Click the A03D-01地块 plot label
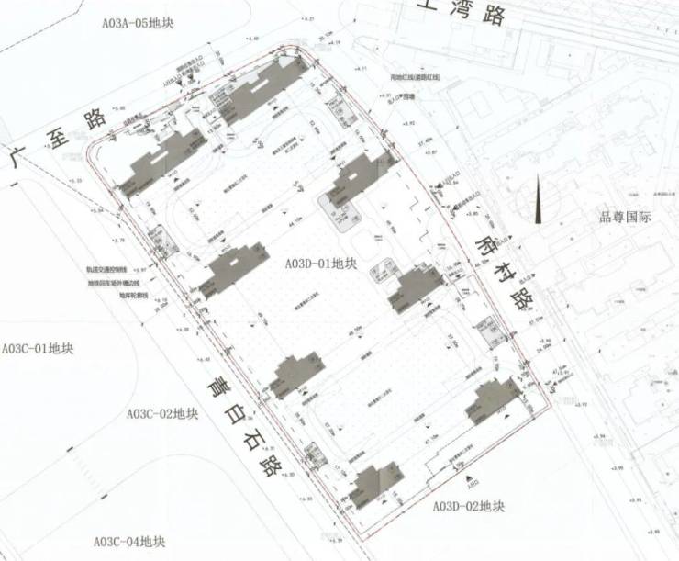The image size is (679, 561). click(320, 264)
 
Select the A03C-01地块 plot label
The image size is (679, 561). click(38, 349)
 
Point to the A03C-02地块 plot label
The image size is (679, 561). click(161, 413)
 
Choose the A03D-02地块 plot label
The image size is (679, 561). click(468, 505)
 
